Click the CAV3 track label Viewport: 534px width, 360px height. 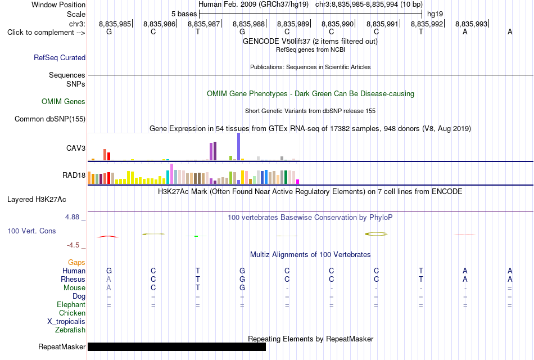pyautogui.click(x=76, y=148)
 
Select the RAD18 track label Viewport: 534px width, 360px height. pyautogui.click(x=74, y=175)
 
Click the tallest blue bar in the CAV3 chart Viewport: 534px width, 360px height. pyautogui.click(x=239, y=147)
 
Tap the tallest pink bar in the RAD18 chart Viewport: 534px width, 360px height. pyautogui.click(x=171, y=174)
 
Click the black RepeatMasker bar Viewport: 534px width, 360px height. pyautogui.click(x=177, y=346)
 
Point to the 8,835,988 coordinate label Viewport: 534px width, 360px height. pyautogui.click(x=248, y=24)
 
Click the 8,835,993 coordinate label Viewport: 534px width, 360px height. pyautogui.click(x=472, y=24)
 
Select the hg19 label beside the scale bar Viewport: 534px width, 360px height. pyautogui.click(x=435, y=14)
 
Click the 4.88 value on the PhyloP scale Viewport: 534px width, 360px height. pyautogui.click(x=72, y=217)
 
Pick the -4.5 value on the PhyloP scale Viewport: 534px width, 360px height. pyautogui.click(x=73, y=245)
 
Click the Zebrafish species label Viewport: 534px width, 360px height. pyautogui.click(x=70, y=330)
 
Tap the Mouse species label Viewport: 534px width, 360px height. pyautogui.click(x=74, y=288)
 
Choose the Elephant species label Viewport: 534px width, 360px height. pyautogui.click(x=71, y=304)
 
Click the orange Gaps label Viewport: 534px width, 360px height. pyautogui.click(x=76, y=262)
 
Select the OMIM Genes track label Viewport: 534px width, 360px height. pyautogui.click(x=64, y=102)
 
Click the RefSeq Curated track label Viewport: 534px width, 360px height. pyautogui.click(x=60, y=57)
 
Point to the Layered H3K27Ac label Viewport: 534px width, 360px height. pyautogui.click(x=37, y=200)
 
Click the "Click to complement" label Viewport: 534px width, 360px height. pyautogui.click(x=46, y=33)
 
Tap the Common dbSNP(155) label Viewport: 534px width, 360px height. pyautogui.click(x=50, y=119)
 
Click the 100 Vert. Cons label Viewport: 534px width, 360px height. pyautogui.click(x=31, y=231)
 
